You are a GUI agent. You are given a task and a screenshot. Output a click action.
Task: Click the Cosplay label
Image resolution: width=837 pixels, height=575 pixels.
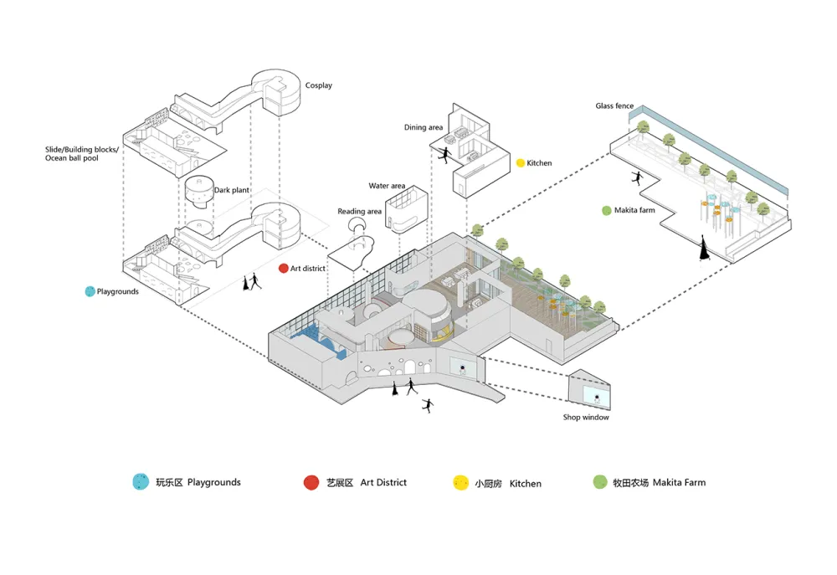(318, 85)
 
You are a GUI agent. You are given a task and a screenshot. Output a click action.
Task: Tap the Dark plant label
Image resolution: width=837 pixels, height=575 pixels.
(231, 191)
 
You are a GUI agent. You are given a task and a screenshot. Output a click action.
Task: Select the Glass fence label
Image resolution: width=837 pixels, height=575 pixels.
(614, 106)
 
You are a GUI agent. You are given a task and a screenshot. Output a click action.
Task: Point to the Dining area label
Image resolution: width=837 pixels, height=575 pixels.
(424, 127)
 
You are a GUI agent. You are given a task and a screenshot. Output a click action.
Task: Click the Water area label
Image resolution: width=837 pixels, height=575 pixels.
(387, 186)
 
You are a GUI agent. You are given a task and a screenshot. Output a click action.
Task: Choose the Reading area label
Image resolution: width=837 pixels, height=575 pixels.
(360, 212)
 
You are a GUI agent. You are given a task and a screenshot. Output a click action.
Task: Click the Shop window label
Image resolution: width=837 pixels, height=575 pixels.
(586, 418)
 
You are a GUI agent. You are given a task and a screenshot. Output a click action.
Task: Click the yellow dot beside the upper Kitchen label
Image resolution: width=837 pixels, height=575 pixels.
(520, 162)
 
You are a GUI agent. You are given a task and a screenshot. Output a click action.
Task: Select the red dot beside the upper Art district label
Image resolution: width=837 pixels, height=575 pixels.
(283, 269)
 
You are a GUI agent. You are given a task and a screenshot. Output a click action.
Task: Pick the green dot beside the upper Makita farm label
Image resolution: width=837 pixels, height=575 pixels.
(607, 210)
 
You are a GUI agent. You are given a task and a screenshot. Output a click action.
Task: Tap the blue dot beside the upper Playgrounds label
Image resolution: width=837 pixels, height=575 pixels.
(90, 291)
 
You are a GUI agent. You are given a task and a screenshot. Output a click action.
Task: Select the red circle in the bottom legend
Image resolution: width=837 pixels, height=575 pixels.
(311, 482)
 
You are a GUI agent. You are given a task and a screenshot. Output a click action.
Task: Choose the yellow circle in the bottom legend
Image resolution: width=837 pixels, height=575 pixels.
(460, 483)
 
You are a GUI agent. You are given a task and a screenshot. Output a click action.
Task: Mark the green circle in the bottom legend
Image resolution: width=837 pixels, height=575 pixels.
(599, 482)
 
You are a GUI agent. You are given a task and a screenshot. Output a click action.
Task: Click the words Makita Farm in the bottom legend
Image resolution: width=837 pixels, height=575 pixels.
(679, 482)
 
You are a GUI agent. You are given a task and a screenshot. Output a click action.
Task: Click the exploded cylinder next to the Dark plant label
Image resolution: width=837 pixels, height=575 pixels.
(198, 193)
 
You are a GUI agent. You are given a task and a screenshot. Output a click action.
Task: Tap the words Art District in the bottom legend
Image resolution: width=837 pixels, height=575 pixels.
(383, 482)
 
